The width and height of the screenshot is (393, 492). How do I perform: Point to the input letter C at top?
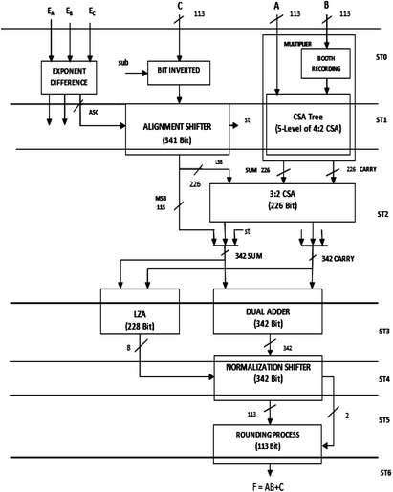178,7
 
